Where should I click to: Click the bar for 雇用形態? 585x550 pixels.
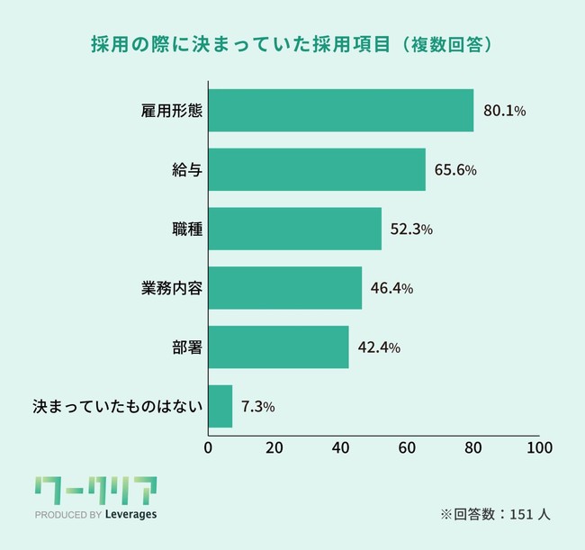(341, 111)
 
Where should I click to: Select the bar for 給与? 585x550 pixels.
(317, 170)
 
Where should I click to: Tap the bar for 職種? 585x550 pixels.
(295, 229)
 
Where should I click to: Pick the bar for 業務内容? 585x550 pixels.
(285, 288)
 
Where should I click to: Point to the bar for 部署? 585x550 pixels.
(278, 347)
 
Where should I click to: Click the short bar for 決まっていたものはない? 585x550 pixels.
(220, 406)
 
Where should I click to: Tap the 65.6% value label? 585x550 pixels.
(455, 170)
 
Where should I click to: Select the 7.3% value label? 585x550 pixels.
(257, 407)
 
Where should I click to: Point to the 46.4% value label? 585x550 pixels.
(391, 289)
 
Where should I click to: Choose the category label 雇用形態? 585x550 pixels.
(172, 112)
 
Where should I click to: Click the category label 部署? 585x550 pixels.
(187, 347)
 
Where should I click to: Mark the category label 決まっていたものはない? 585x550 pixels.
(118, 407)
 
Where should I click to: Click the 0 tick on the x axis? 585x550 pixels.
(209, 447)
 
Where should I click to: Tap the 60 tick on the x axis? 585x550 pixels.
(407, 447)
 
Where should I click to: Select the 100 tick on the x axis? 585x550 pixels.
(539, 447)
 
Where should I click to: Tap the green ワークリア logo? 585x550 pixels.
(94, 491)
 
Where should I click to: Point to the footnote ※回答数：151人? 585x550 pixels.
(494, 515)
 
